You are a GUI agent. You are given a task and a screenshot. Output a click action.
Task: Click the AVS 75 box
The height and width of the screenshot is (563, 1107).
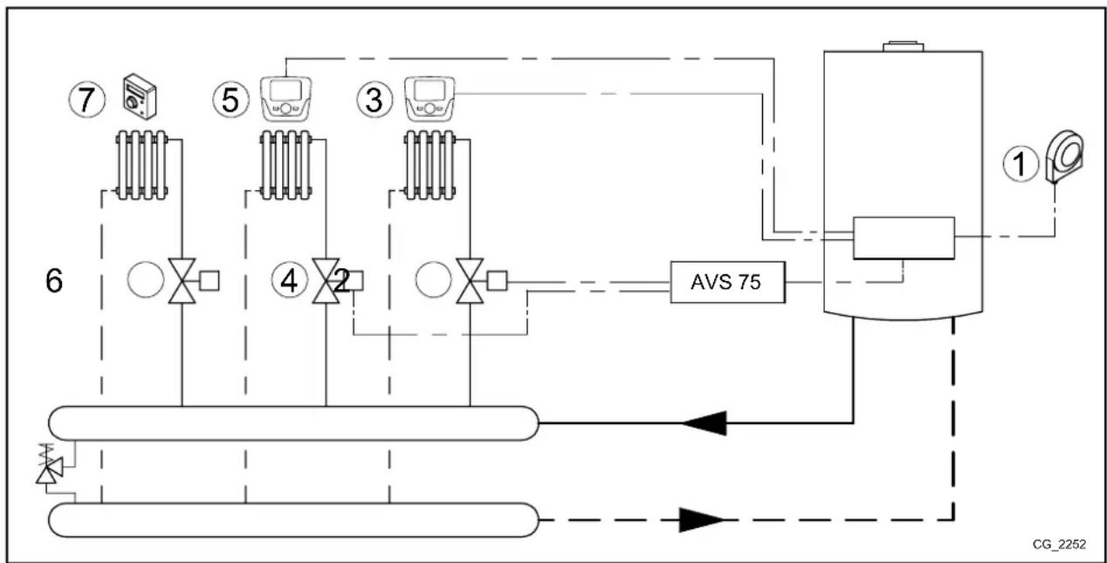click(x=726, y=282)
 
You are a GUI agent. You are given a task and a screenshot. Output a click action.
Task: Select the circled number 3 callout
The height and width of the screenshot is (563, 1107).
click(x=373, y=100)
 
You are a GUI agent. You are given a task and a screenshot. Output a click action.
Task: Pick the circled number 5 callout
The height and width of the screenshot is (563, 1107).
click(x=229, y=100)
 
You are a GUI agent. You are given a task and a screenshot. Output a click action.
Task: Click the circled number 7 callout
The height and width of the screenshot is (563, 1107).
click(x=86, y=100)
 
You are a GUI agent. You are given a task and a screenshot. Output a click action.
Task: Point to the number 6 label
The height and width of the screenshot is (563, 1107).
click(x=54, y=282)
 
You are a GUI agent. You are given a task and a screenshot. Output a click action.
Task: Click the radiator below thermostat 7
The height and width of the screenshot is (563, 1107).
click(x=142, y=163)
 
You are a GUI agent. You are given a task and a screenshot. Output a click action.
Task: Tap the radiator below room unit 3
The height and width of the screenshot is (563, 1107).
click(x=430, y=163)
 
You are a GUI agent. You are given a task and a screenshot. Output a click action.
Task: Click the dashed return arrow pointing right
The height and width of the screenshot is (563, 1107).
click(x=699, y=520)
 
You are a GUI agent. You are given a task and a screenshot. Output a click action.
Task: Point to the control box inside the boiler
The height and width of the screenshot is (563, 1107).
click(x=904, y=237)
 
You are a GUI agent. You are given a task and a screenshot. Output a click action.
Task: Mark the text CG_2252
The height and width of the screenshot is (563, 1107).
click(x=1059, y=544)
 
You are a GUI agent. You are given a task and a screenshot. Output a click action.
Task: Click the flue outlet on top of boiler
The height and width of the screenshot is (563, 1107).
click(x=904, y=45)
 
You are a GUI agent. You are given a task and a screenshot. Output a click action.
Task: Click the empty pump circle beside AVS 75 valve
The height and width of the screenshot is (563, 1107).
click(x=432, y=281)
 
